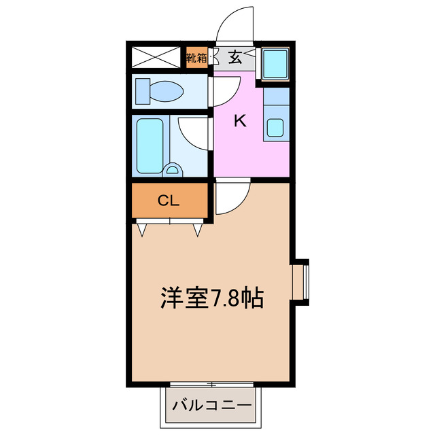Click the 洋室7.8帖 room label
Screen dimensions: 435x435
[212, 298]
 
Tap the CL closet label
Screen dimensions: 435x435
[169, 201]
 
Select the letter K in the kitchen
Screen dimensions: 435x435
[239, 121]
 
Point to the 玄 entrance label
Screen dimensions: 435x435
[234, 58]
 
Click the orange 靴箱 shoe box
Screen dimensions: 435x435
[196, 57]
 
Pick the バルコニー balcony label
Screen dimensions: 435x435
[211, 406]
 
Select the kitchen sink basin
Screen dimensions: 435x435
[275, 127]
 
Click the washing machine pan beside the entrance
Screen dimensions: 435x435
[275, 64]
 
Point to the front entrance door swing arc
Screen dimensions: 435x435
[233, 24]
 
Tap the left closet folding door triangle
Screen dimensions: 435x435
[143, 230]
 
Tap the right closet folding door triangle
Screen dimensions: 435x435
[198, 230]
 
